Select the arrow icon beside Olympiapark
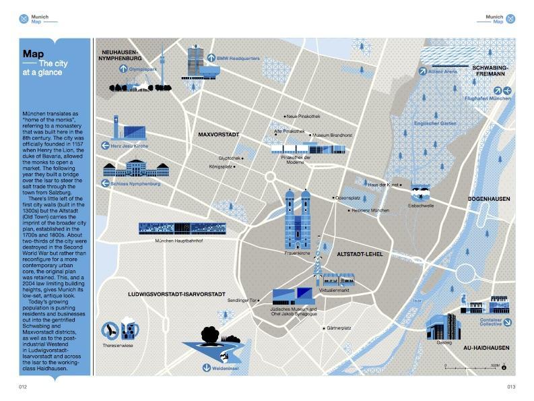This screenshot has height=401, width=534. pos(123,68)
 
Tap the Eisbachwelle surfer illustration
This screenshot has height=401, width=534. pos(421,191)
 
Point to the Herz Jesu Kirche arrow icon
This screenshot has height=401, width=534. pos(105,145)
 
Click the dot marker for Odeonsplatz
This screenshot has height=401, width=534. pos(332,197)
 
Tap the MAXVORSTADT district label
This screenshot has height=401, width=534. pos(219,135)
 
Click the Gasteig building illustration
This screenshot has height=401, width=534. pos(442,326)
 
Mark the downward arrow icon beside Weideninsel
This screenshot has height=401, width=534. pos(207,367)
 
